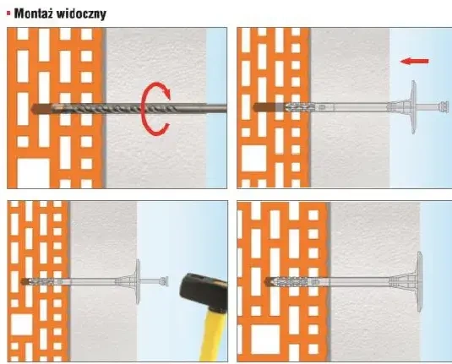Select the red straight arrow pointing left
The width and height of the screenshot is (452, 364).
pyautogui.click(x=412, y=62)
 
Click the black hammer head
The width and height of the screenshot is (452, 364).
pyautogui.click(x=195, y=282)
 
